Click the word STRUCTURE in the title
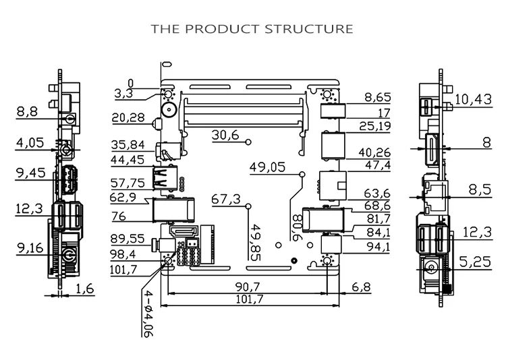pyautogui.click(x=309, y=29)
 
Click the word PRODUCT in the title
pyautogui.click(x=223, y=29)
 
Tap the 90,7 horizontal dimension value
pyautogui.click(x=248, y=287)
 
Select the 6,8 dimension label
pyautogui.click(x=362, y=287)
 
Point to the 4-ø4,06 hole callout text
pyautogui.click(x=147, y=313)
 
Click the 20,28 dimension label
pyautogui.click(x=128, y=118)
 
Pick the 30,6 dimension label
pyautogui.click(x=225, y=135)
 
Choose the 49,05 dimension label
pyautogui.click(x=268, y=167)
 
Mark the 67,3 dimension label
pyautogui.click(x=226, y=200)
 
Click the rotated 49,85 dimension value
pyautogui.click(x=256, y=242)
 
